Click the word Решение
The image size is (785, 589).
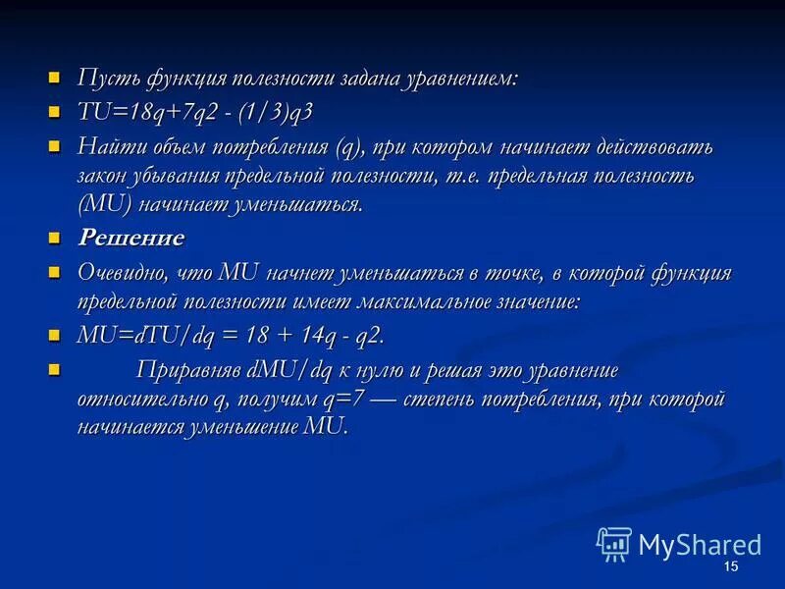(x=131, y=238)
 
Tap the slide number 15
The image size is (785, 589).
(x=729, y=568)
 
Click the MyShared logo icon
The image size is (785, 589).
(x=614, y=544)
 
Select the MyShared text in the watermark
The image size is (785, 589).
(x=700, y=545)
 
